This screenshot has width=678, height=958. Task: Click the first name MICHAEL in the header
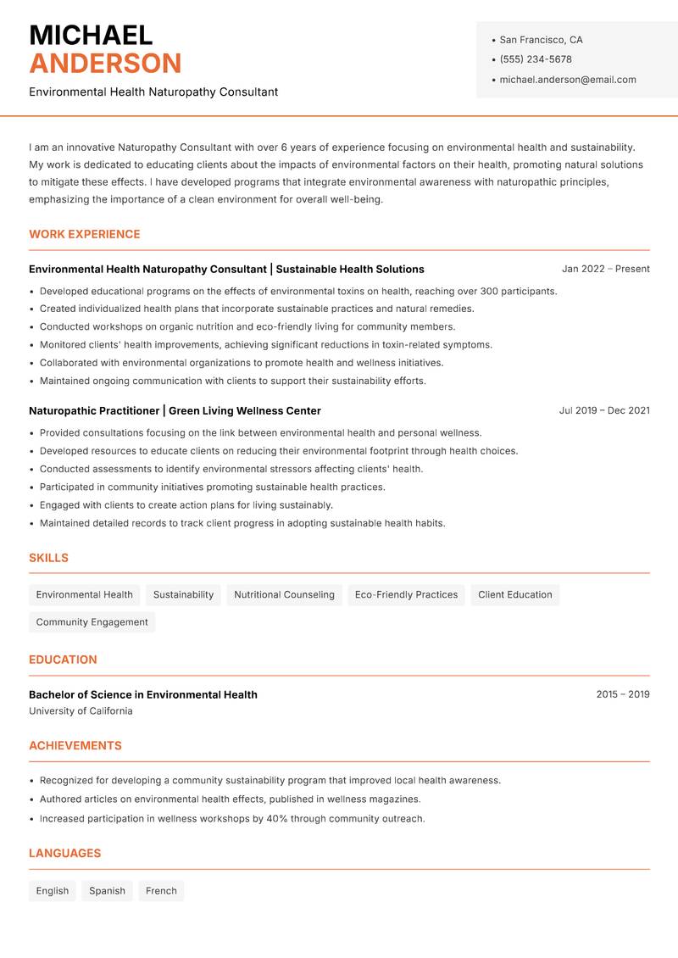point(91,35)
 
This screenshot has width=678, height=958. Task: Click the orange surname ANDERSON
point(105,64)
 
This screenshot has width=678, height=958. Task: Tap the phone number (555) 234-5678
point(535,59)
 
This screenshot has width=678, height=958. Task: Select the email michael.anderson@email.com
point(567,80)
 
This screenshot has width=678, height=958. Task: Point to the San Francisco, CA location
point(541,40)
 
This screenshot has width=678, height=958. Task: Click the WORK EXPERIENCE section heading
point(85,234)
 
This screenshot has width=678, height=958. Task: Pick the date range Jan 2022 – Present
point(605,269)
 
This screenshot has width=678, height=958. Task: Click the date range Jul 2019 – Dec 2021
point(604,410)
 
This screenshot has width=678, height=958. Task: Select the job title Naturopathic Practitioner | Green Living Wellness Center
point(175,410)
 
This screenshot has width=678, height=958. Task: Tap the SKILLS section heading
point(48,558)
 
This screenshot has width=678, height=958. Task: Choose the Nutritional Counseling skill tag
point(284,594)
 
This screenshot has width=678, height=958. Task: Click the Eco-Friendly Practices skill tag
point(406,594)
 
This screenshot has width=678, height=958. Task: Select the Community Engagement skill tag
point(92,621)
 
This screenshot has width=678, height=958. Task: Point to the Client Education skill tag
point(514,594)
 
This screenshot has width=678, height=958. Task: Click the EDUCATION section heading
point(63,660)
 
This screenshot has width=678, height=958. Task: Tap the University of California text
point(81,710)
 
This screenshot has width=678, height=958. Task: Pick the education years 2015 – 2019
point(622,694)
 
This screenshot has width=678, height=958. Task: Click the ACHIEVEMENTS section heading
point(75,746)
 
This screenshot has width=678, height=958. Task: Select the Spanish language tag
point(107,890)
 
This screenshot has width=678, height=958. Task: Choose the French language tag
point(161,890)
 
